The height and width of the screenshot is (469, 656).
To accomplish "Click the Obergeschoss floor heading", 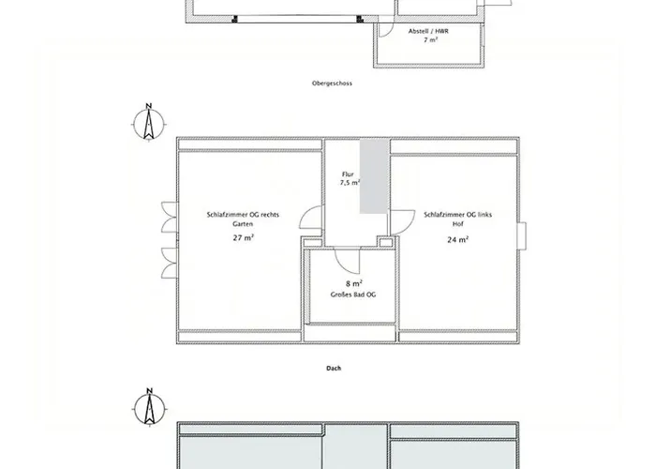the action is tap(332, 83).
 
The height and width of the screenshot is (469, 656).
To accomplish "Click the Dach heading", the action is tap(334, 368).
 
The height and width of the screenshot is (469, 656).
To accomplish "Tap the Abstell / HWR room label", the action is tap(428, 31).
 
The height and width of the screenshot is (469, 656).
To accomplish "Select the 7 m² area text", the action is tap(430, 39).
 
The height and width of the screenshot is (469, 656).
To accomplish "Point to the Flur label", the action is tap(348, 174).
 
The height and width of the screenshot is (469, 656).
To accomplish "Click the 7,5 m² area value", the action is tap(350, 183).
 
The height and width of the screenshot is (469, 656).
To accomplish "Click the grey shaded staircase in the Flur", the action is tap(375, 176).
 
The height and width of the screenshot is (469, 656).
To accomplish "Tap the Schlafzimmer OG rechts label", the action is tap(243, 215).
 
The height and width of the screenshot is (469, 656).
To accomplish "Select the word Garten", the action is tap(243, 224).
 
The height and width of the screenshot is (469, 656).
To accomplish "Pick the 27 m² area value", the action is tap(244, 238).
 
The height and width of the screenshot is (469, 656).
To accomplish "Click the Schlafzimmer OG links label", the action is tap(457, 215).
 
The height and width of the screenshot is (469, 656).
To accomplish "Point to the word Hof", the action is tap(457, 224).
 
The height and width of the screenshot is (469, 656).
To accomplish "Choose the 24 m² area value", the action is tap(457, 239).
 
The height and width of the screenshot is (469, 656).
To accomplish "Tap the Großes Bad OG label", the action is tap(353, 295).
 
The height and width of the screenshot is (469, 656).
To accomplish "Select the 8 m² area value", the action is tap(354, 283).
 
